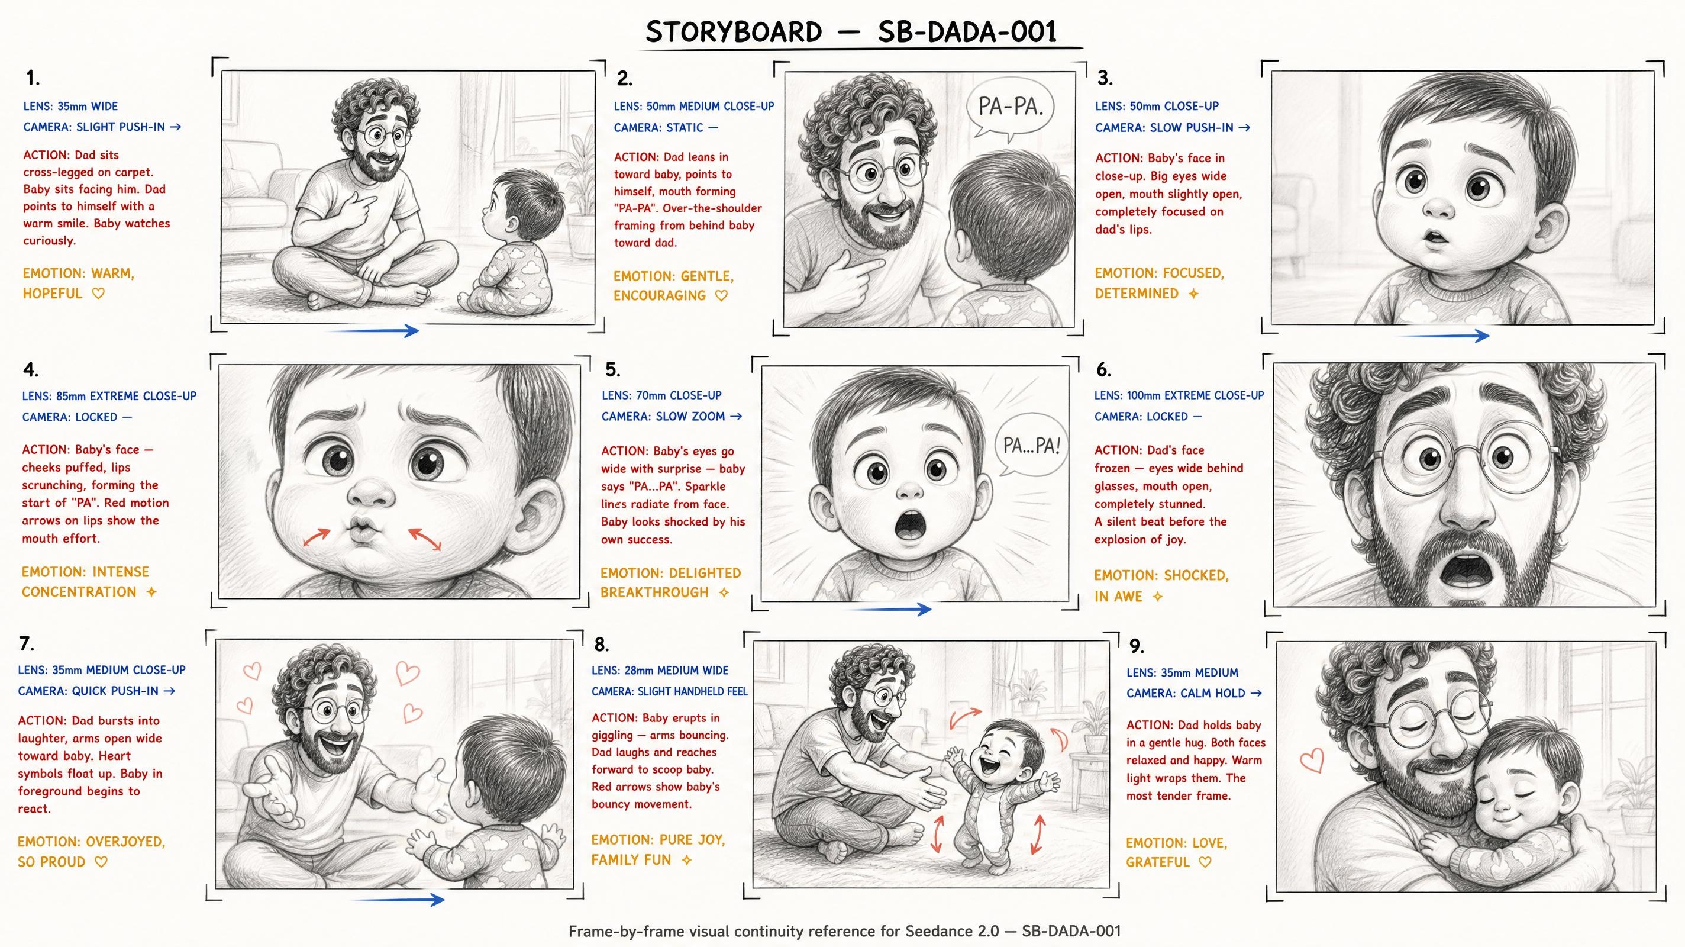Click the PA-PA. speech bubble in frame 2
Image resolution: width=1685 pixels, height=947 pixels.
1010,108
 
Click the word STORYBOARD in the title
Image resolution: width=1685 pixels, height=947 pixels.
733,32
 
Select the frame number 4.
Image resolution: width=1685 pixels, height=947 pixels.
31,370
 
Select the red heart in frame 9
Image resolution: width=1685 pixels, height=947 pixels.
1312,761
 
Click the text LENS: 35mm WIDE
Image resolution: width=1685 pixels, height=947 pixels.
70,106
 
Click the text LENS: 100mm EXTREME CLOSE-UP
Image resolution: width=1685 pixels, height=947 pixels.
1179,395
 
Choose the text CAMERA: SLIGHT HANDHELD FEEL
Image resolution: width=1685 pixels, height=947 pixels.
669,691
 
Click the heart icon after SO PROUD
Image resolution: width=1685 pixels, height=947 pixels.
101,862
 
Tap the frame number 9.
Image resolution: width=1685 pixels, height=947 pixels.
1137,646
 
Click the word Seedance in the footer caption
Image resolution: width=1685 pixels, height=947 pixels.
935,931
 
